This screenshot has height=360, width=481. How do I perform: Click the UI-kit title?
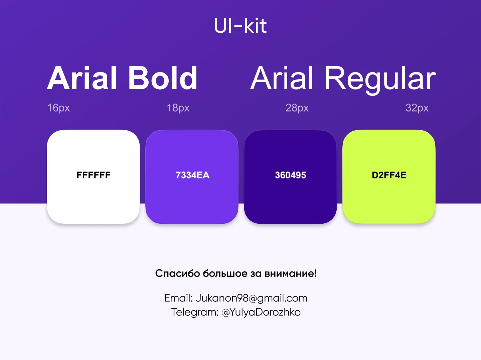tap(240, 26)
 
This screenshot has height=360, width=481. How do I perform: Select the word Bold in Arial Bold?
tap(163, 78)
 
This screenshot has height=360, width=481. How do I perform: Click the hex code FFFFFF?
tap(94, 175)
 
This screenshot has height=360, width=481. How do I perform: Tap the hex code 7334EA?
tap(192, 175)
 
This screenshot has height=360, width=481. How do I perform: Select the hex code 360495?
tap(290, 175)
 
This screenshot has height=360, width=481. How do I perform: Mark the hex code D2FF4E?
tap(389, 175)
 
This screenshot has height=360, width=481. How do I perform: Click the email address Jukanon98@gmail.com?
tap(251, 298)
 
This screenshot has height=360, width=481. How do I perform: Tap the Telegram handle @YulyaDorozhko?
tap(261, 312)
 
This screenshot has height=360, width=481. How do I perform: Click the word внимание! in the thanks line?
tap(291, 273)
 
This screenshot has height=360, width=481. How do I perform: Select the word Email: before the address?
tap(179, 298)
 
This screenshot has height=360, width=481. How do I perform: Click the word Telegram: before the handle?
tap(195, 312)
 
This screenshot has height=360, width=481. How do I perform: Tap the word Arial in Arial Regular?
tap(283, 78)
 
